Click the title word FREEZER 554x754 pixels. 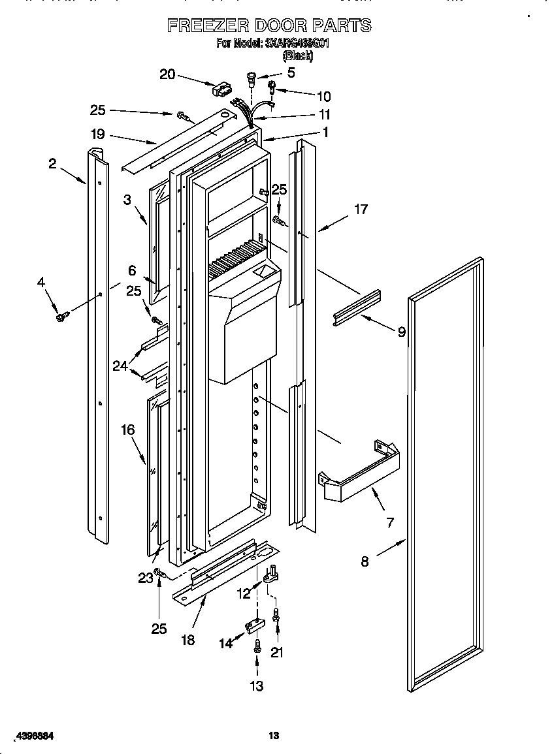click(x=207, y=25)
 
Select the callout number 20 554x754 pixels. click(x=168, y=74)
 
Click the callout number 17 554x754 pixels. click(x=361, y=210)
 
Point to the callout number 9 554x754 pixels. click(x=401, y=332)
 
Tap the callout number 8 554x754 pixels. click(x=365, y=561)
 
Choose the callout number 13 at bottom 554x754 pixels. click(x=257, y=685)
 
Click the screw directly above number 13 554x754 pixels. click(x=257, y=646)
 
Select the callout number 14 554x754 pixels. click(x=225, y=644)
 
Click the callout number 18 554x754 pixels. click(x=188, y=640)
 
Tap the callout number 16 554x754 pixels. click(x=127, y=430)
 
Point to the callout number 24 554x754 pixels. click(x=120, y=366)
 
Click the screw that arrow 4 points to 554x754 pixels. click(x=63, y=316)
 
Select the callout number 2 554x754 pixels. click(x=52, y=164)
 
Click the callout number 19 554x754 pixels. click(x=98, y=135)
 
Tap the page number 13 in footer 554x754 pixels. click(x=274, y=736)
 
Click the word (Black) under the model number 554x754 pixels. click(x=297, y=56)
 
